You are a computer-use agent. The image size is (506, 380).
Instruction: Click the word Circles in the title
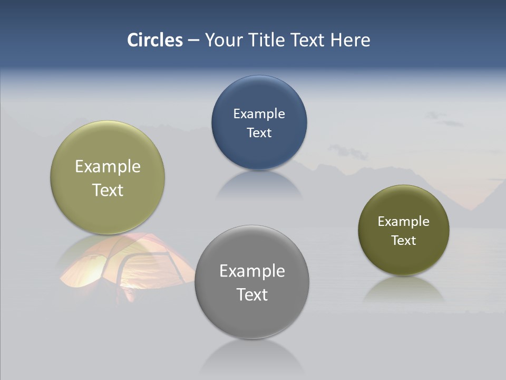click(155, 40)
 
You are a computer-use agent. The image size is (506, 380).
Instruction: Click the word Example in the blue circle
click(259, 113)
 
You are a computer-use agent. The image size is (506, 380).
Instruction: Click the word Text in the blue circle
click(259, 132)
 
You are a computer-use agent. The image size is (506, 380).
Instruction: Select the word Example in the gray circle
click(252, 271)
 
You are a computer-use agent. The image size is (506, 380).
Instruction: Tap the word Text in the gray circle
click(252, 294)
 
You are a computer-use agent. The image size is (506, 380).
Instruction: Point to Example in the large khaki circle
click(108, 166)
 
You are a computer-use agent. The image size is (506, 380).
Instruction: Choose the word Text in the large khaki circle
click(108, 190)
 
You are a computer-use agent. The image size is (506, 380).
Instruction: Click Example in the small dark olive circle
click(404, 221)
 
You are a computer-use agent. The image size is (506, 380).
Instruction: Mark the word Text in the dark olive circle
click(404, 240)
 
